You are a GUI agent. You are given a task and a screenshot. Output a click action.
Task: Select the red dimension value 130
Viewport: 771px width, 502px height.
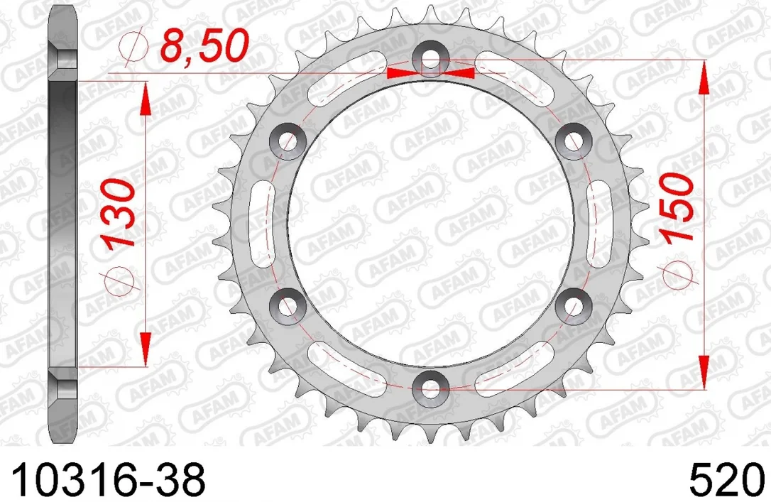click(x=118, y=212)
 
